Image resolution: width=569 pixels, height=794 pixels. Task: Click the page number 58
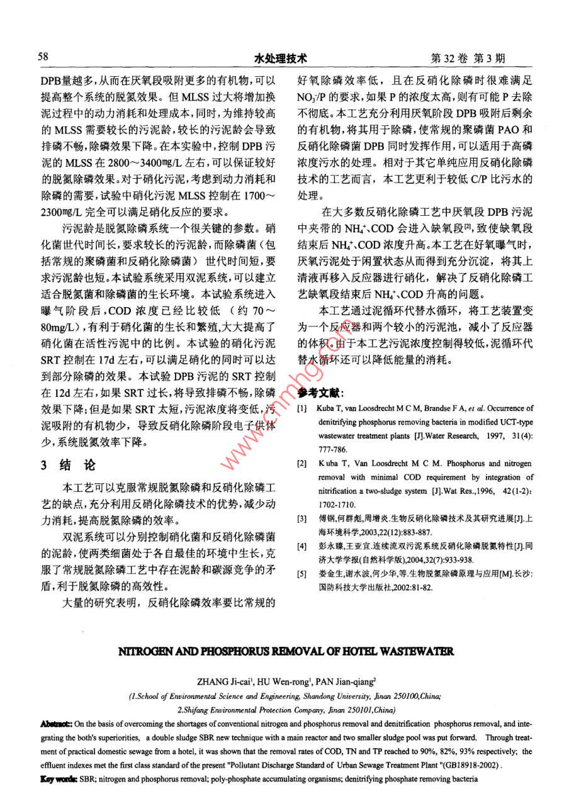coord(43,57)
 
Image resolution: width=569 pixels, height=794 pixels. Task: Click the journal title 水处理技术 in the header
coord(280,59)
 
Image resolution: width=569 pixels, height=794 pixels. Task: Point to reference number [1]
coord(302,409)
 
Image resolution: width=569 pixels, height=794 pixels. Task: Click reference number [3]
coord(302,520)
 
